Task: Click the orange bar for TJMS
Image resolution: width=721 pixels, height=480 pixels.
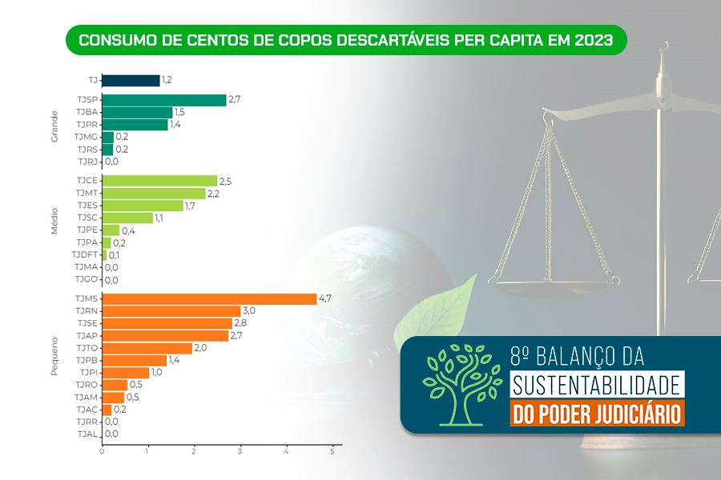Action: point(210,298)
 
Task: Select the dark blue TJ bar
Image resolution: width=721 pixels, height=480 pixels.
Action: point(131,80)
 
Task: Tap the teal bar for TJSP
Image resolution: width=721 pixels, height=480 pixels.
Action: point(164,100)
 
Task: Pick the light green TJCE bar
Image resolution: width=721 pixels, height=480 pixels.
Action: point(159,181)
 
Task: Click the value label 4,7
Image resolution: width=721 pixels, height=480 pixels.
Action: point(325,298)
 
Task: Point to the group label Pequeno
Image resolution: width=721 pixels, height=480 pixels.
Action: point(55,360)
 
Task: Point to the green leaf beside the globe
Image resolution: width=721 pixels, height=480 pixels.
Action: point(445,308)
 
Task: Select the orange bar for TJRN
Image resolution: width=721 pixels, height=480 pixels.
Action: point(171,310)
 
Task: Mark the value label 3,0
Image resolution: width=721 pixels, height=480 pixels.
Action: point(248,310)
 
